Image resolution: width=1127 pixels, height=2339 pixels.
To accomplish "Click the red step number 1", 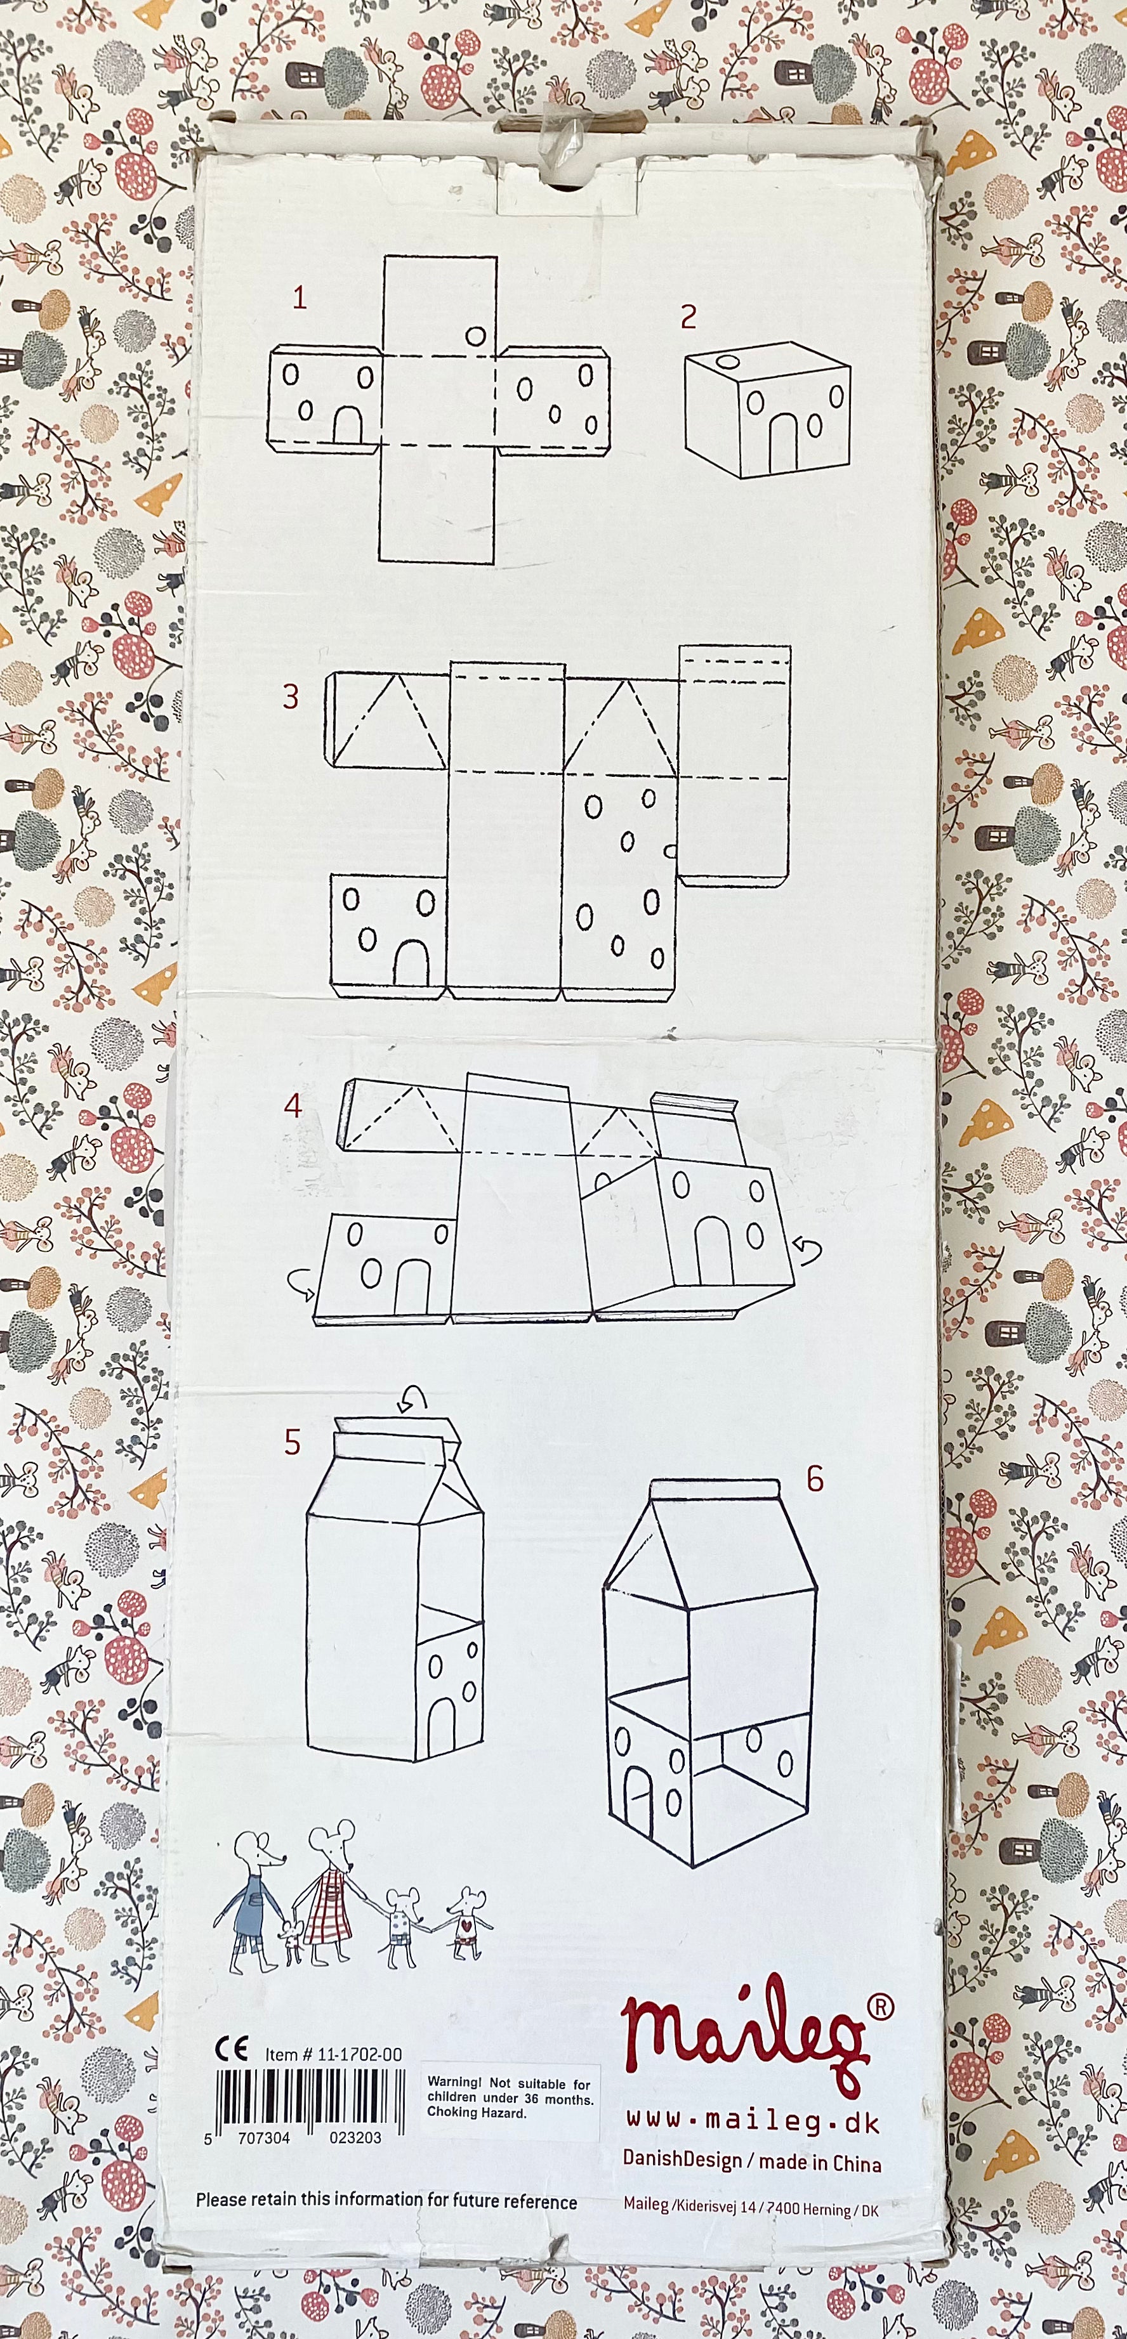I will (x=300, y=298).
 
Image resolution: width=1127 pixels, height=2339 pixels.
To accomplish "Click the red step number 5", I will (x=291, y=1442).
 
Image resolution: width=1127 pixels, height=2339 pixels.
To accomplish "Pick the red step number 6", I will (x=815, y=1478).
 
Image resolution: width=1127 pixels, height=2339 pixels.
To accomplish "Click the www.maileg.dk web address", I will (x=752, y=2122).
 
